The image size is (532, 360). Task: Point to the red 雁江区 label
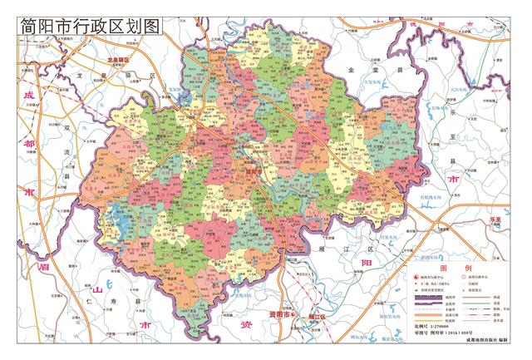(x=314, y=317)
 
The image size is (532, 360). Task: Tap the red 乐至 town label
(x=496, y=218)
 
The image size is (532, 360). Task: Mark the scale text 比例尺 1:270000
(x=431, y=331)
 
